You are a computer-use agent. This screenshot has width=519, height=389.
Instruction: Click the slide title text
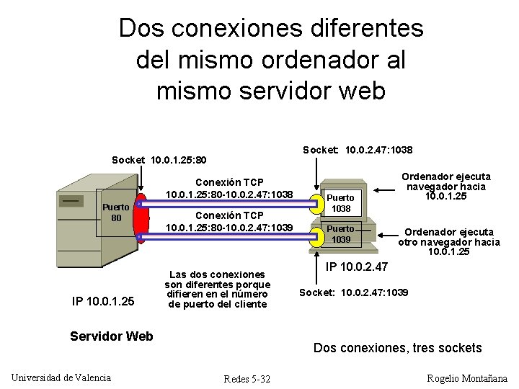(x=270, y=60)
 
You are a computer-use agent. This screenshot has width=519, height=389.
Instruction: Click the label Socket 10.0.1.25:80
(x=159, y=158)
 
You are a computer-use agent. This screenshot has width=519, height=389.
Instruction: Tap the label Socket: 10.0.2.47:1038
(x=358, y=150)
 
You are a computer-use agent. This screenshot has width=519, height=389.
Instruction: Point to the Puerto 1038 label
(x=341, y=203)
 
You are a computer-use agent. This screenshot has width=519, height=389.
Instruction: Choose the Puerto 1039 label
(x=341, y=234)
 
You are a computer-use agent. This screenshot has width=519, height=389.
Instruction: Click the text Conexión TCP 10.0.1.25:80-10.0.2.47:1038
(x=229, y=189)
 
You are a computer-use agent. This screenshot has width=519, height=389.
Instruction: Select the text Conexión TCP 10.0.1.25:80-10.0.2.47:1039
(x=229, y=221)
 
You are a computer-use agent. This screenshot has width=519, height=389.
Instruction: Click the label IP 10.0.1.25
(x=103, y=300)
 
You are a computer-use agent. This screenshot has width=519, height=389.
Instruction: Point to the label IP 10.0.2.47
(x=357, y=267)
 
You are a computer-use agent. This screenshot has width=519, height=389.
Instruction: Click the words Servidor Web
(x=111, y=336)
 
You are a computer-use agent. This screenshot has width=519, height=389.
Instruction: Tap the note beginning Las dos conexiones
(x=216, y=289)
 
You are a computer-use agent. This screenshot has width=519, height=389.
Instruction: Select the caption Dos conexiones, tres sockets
(x=398, y=348)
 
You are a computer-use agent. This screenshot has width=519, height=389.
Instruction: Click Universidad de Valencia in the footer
(x=61, y=377)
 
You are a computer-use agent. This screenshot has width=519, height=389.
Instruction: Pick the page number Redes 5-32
(x=247, y=379)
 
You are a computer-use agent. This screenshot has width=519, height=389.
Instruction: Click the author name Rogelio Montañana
(x=467, y=378)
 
